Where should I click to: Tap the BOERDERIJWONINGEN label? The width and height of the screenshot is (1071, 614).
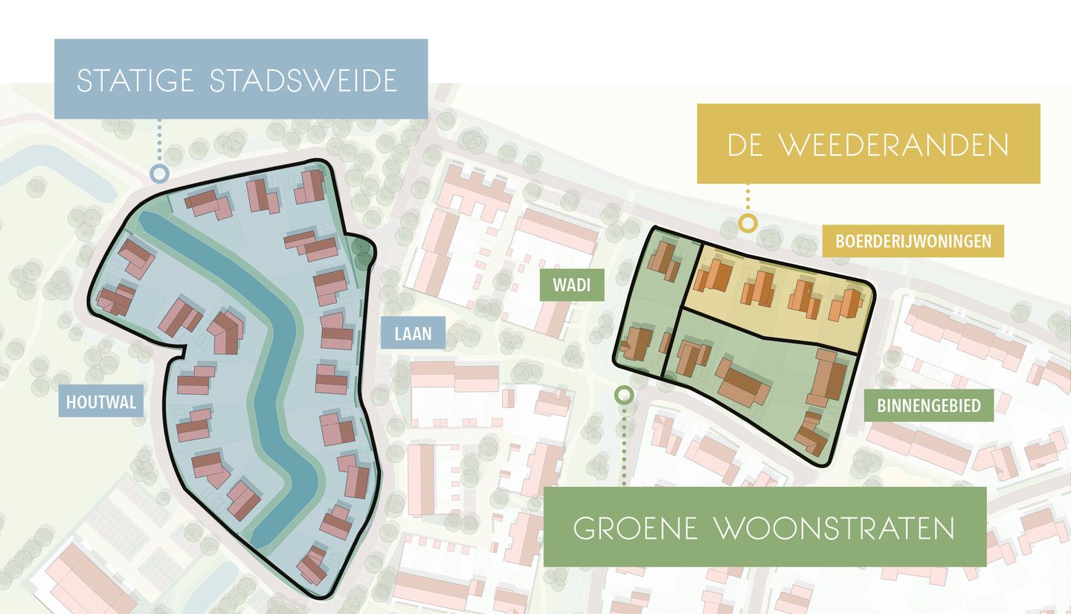(913, 241)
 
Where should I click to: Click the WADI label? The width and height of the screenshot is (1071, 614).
(572, 285)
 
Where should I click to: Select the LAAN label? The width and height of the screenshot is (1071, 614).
(413, 334)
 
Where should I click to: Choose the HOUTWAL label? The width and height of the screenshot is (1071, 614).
(101, 403)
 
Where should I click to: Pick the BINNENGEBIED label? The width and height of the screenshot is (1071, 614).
(928, 406)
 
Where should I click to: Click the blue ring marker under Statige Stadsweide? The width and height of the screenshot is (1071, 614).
(158, 175)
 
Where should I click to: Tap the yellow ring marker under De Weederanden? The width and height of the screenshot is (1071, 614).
(747, 222)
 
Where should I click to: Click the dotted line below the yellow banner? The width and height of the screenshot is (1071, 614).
(747, 198)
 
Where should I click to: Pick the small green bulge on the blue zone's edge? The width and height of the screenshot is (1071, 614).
(364, 253)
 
